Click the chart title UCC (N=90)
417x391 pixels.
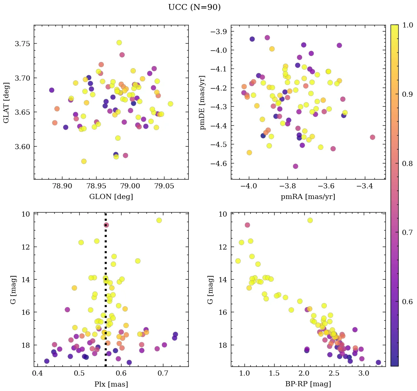point(194,7)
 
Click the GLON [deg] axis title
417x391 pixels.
point(111,197)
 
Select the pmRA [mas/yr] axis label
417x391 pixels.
point(308,197)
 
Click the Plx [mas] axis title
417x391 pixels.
point(111,384)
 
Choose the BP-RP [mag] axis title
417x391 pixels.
point(308,384)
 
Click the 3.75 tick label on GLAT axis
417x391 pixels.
point(22,44)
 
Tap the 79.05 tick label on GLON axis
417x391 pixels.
point(164,187)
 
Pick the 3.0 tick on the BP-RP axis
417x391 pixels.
point(364,374)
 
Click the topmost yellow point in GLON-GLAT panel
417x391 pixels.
point(119,43)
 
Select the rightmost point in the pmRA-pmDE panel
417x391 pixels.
point(373,137)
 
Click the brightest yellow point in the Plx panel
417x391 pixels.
point(159,220)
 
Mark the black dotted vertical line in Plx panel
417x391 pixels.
point(106,293)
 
